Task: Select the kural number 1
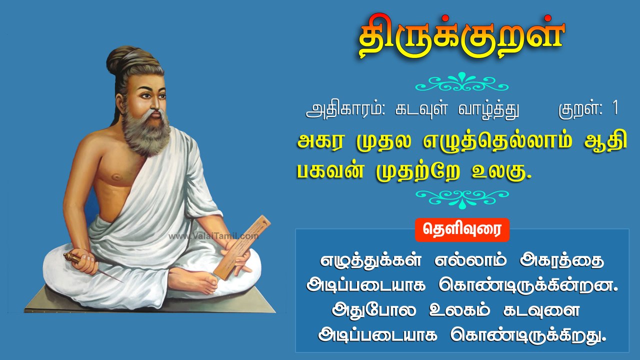[614, 109]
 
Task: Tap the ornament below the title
[461, 82]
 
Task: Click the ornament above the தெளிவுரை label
[461, 198]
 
